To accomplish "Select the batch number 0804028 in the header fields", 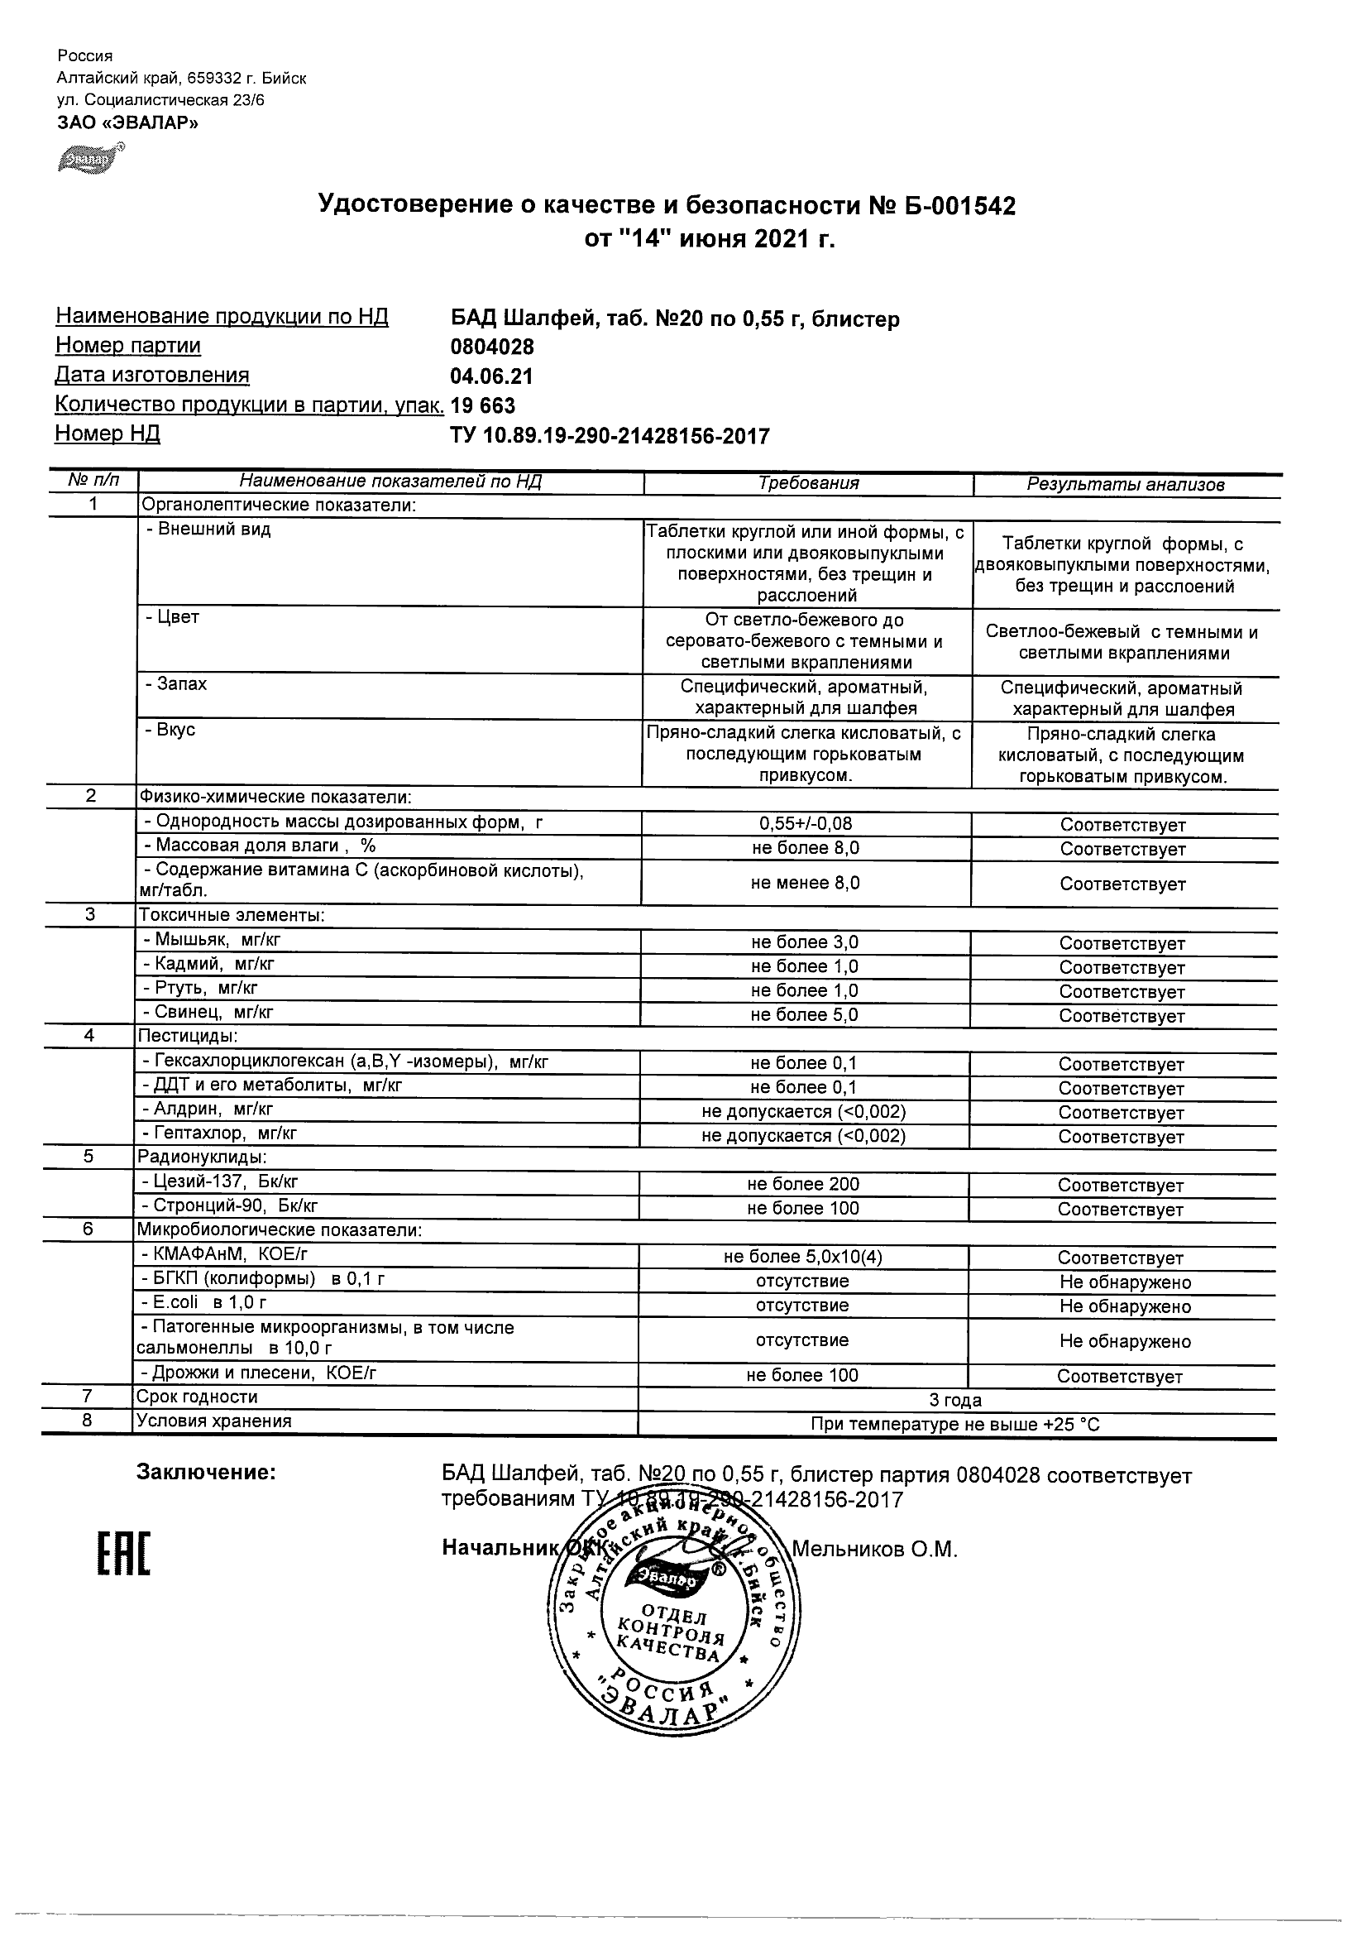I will [492, 347].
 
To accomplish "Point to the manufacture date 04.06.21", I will [491, 376].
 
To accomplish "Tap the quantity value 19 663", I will [483, 405].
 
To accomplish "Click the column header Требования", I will [807, 483].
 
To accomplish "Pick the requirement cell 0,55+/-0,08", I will [805, 823].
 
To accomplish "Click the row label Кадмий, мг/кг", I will [209, 964].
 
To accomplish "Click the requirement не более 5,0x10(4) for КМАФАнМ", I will [802, 1257].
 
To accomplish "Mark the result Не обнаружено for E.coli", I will [1124, 1306].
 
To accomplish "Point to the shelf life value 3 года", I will [955, 1401].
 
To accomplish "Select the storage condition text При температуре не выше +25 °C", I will [955, 1425].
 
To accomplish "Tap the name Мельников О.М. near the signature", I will [875, 1549].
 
